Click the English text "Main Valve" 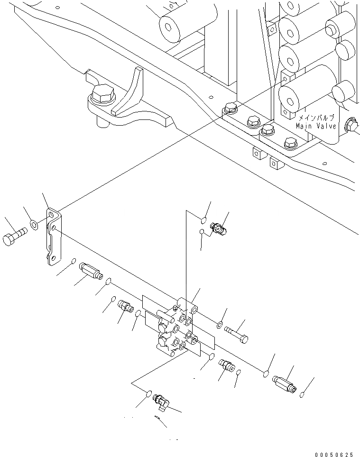click(x=316, y=126)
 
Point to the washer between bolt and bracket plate click(x=35, y=223)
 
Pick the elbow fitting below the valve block click(x=161, y=401)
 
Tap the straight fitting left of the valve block click(x=125, y=306)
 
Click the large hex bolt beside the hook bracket click(x=103, y=96)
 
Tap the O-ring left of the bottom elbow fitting click(x=148, y=393)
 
